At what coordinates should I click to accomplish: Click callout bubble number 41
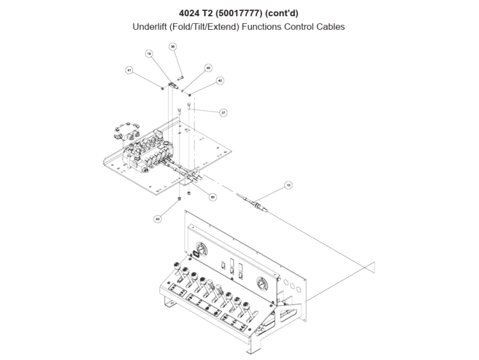coord(128,70)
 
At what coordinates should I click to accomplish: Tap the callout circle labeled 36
coord(173,47)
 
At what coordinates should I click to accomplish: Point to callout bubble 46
coord(208,68)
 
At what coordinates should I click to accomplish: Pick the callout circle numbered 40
coord(220,80)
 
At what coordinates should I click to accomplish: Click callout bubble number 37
coord(223,113)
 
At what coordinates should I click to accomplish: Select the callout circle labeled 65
coord(212,197)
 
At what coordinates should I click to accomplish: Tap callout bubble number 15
coord(288,184)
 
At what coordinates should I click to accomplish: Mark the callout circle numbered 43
coord(158,219)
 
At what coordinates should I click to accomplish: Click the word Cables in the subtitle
coord(329,27)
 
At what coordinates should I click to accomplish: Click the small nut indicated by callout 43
coord(178,198)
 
